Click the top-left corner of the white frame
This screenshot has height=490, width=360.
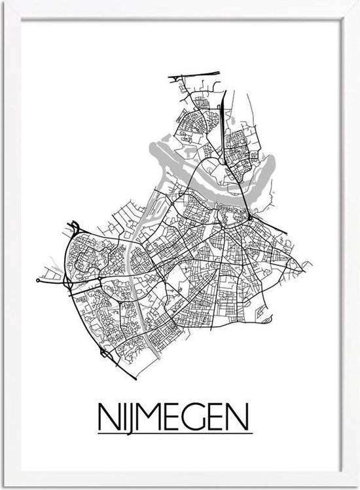pos(3,3)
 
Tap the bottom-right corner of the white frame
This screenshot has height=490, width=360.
pos(356,486)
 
